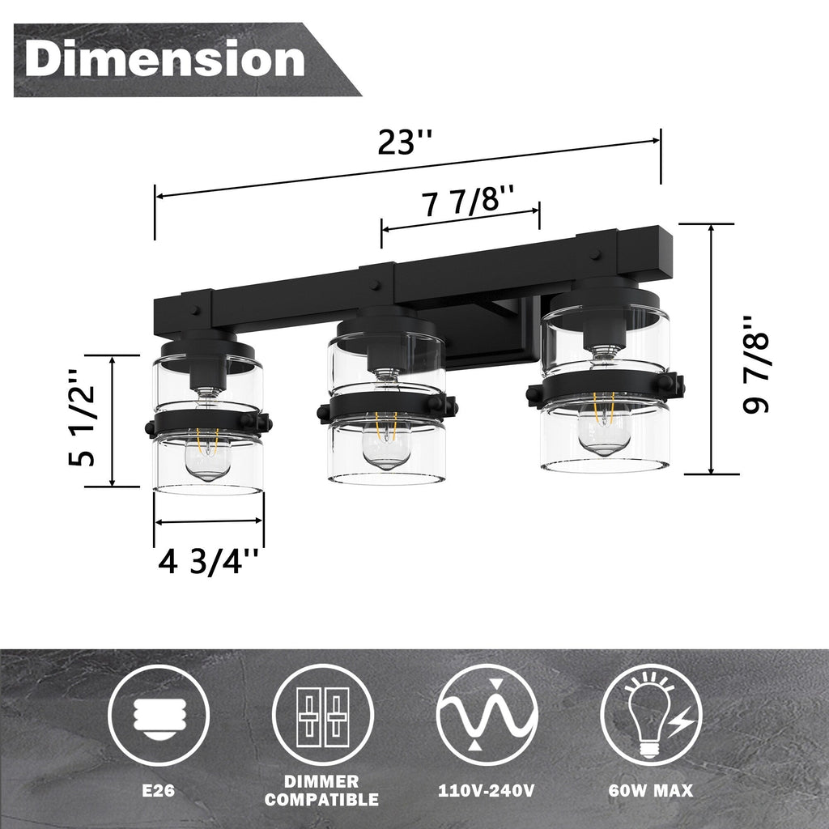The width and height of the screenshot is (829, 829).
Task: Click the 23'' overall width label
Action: pyautogui.click(x=405, y=142)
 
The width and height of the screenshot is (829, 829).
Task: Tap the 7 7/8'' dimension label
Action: pyautogui.click(x=468, y=200)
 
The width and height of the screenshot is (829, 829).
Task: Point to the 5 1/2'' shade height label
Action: pyautogui.click(x=82, y=419)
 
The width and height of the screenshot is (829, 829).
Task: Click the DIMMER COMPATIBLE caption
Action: pyautogui.click(x=323, y=791)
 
